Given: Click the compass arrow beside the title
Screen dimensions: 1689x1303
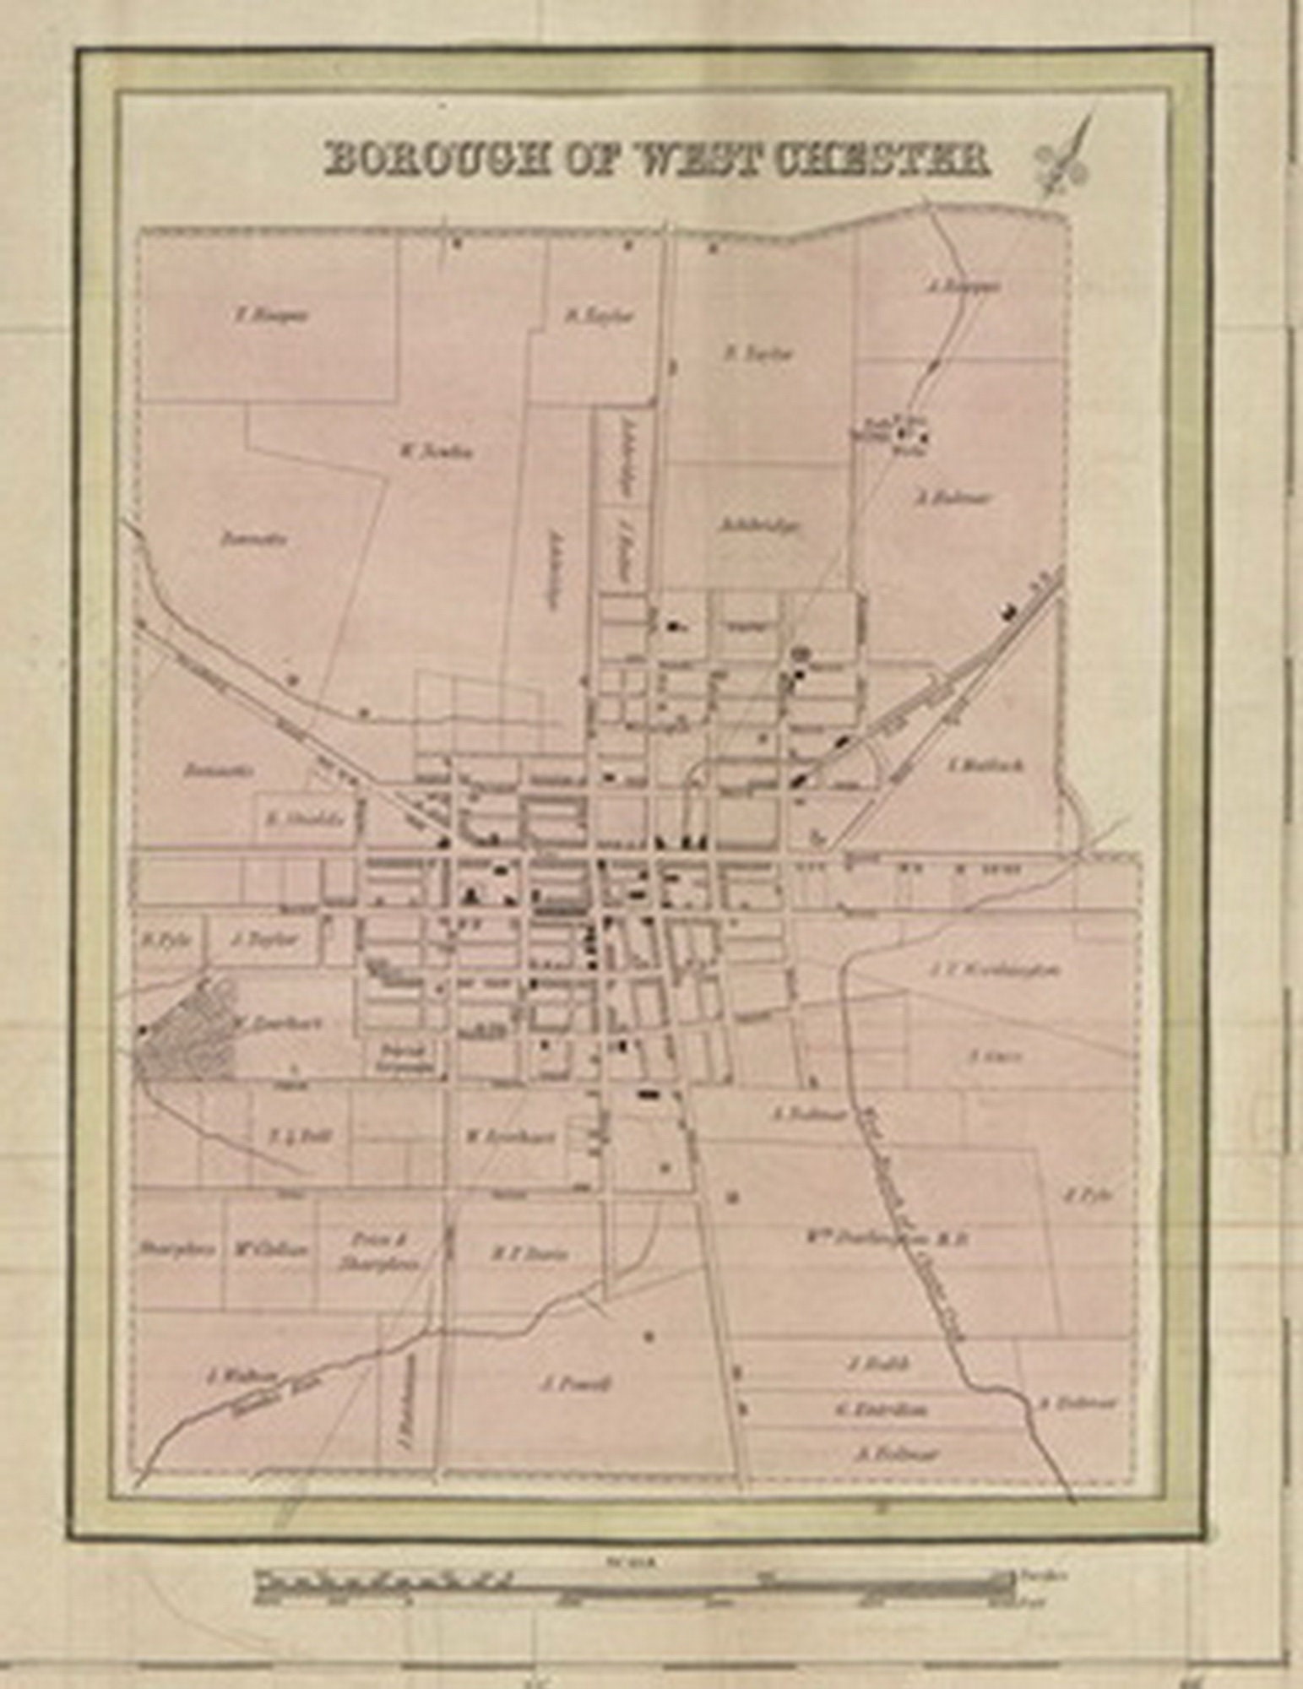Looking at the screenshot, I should pyautogui.click(x=1067, y=155).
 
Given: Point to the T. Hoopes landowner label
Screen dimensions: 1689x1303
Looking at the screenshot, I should pyautogui.click(x=271, y=316).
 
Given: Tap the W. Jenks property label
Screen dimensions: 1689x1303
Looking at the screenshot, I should pyautogui.click(x=436, y=451).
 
